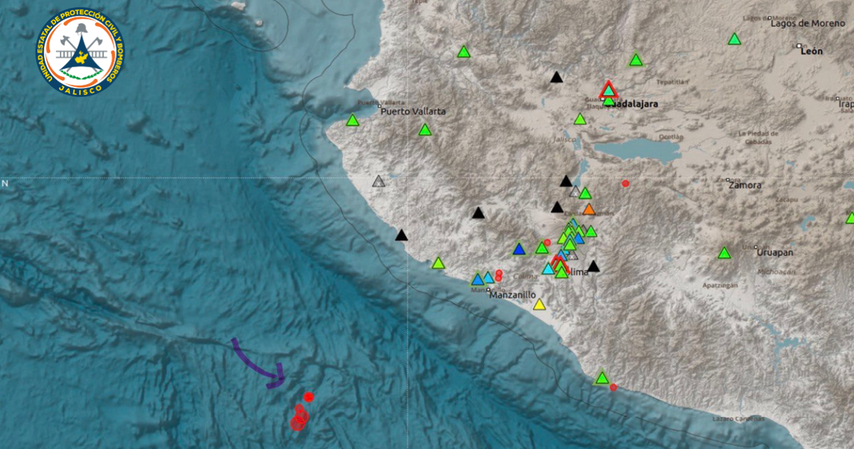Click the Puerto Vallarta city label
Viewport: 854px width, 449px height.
[x=413, y=112]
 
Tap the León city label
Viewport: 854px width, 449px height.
[x=811, y=51]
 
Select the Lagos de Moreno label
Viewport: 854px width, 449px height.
[x=807, y=23]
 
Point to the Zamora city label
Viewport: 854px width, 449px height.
[x=745, y=185]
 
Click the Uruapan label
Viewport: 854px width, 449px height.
[x=775, y=252]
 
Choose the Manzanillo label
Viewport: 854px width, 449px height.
[x=512, y=295]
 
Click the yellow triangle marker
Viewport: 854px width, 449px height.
[x=539, y=305]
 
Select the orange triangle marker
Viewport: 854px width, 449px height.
[x=589, y=209]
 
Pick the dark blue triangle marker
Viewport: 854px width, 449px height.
[x=519, y=249]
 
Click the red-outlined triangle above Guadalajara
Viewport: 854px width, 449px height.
[x=608, y=90]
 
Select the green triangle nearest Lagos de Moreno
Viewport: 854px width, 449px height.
[x=734, y=39]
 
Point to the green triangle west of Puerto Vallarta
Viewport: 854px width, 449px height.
[x=352, y=121]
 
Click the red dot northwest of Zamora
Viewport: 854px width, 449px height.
[x=626, y=184]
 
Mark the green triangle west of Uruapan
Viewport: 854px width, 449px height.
[x=724, y=253]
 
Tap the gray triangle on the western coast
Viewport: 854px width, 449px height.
[x=379, y=181]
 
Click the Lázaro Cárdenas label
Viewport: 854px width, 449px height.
[x=738, y=418]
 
